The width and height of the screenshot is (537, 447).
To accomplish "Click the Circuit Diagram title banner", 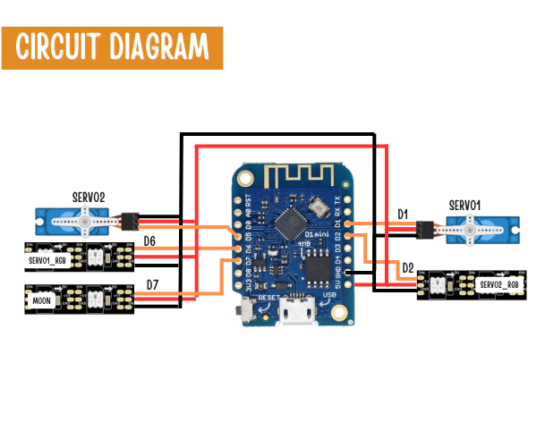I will tap(111, 45).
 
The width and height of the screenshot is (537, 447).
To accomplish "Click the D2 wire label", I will tap(408, 267).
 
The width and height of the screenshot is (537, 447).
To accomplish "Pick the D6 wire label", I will tap(149, 241).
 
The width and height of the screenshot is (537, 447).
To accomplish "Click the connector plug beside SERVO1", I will tap(426, 230).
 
